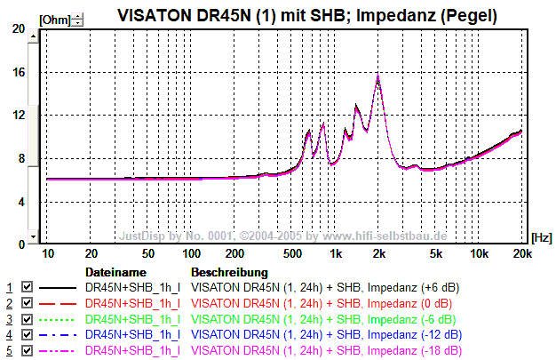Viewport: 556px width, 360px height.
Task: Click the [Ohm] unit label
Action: [54, 18]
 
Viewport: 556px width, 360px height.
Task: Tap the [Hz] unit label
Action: [541, 237]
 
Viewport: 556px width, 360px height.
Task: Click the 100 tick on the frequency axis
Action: [192, 254]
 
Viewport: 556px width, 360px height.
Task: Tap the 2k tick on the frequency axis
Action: [379, 254]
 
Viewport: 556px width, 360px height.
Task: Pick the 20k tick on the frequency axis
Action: [523, 254]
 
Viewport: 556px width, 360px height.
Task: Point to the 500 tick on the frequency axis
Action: [292, 254]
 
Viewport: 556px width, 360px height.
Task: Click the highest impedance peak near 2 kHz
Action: [378, 77]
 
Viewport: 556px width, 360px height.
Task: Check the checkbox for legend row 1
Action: [27, 288]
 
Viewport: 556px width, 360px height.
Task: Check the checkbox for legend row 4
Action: [27, 335]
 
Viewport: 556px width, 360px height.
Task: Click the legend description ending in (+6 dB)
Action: [326, 288]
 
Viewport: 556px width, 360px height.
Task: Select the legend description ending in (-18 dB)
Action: [326, 350]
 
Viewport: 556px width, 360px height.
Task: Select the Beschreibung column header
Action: [229, 271]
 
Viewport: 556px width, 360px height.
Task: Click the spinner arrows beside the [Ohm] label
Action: [78, 18]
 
